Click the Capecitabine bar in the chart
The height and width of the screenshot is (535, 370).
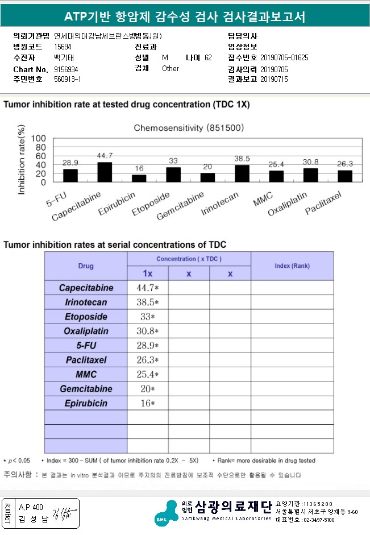tap(105, 172)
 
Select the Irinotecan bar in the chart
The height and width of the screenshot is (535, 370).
tap(242, 173)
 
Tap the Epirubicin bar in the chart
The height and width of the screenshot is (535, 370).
tap(139, 178)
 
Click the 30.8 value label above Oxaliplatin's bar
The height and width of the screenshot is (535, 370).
tap(311, 161)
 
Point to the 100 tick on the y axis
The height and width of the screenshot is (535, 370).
tap(38, 138)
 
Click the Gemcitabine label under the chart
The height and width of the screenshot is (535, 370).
tap(180, 206)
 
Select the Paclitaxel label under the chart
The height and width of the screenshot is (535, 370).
tap(323, 203)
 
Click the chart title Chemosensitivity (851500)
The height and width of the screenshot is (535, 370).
tap(189, 128)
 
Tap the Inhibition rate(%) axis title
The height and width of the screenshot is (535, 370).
tap(21, 160)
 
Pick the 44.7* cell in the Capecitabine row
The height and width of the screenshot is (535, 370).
tap(148, 288)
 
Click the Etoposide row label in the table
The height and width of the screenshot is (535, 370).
tap(86, 317)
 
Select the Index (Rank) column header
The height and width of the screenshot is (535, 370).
tap(292, 266)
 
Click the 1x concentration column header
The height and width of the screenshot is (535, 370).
tap(148, 273)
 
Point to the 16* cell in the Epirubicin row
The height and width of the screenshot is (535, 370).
tap(148, 403)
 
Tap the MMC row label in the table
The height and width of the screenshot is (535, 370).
tap(86, 374)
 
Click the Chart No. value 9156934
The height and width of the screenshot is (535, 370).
tap(66, 69)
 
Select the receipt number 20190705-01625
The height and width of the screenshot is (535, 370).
tap(284, 57)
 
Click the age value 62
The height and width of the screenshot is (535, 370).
tap(208, 57)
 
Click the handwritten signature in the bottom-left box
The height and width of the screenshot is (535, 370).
tap(64, 513)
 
